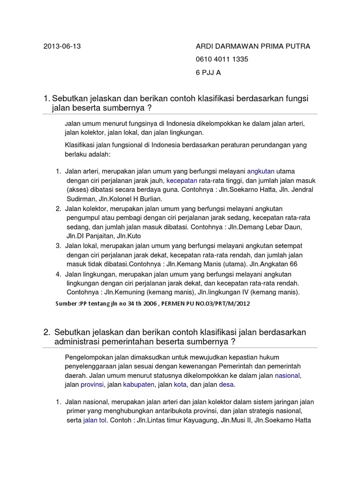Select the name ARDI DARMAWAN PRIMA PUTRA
pos(253,46)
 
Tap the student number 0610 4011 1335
pos(222,60)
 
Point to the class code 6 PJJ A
pos(208,73)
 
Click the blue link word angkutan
pos(261,171)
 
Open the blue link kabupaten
pos(139,384)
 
